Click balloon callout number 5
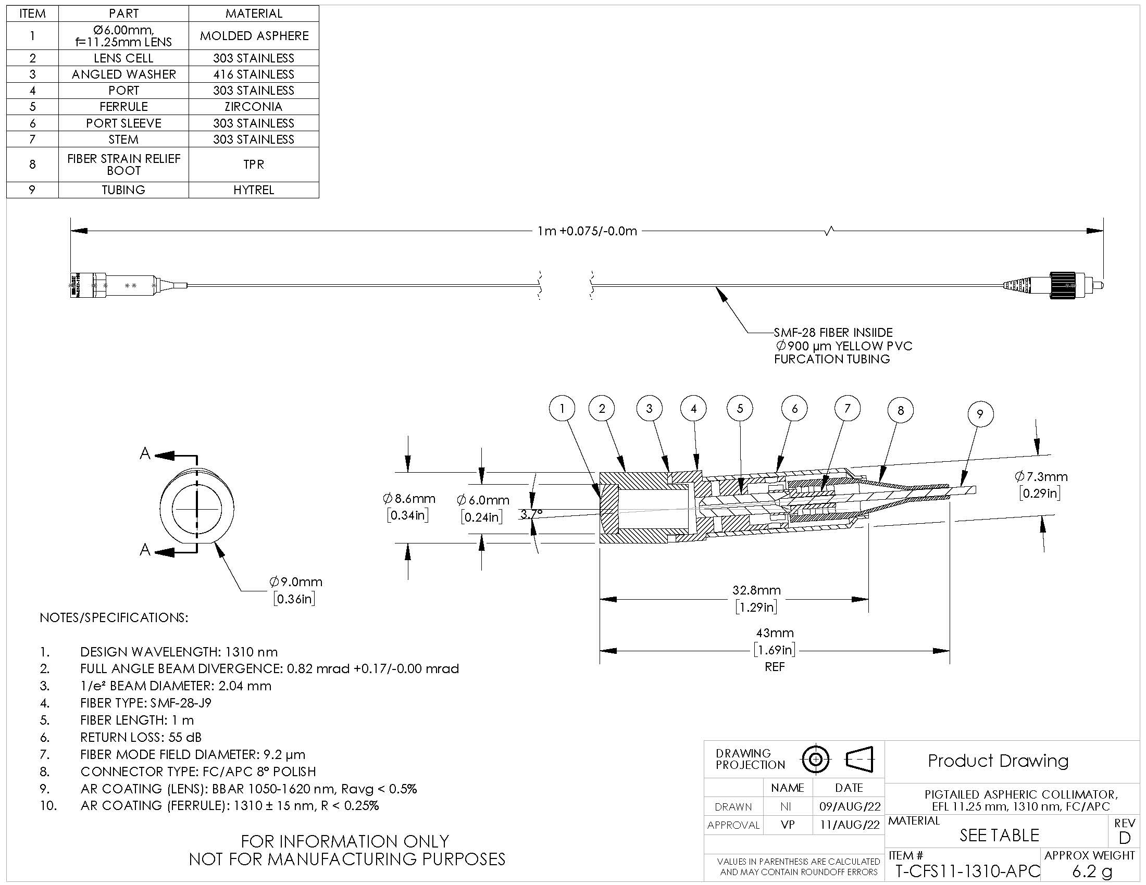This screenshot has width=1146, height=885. (x=740, y=409)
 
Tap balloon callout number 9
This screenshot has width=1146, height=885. (x=980, y=414)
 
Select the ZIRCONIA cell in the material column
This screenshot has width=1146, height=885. (x=254, y=107)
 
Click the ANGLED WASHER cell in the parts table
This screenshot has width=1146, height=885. (x=124, y=74)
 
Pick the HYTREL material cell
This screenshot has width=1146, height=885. (x=254, y=190)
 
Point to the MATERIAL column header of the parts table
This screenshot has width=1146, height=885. (x=254, y=14)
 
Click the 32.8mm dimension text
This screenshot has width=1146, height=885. (x=757, y=590)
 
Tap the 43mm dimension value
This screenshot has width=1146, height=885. (x=775, y=633)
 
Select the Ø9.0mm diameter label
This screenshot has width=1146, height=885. (x=296, y=581)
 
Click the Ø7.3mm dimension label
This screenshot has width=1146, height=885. (x=1041, y=476)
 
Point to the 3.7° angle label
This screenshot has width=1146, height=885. (x=531, y=515)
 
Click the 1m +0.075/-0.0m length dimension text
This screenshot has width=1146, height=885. (x=587, y=231)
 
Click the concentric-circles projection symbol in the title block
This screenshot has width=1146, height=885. (x=815, y=759)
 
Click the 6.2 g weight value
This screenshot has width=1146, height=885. (x=1091, y=872)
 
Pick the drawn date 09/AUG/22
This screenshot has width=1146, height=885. (x=850, y=806)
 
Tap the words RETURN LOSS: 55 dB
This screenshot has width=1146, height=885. (x=141, y=738)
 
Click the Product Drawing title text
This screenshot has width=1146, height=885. (x=998, y=761)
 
